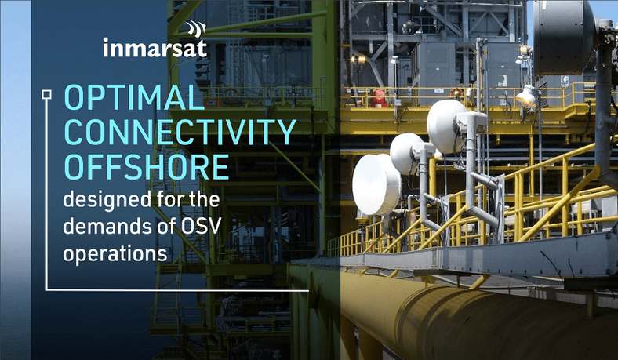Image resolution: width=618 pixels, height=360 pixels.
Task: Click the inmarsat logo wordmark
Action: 154,49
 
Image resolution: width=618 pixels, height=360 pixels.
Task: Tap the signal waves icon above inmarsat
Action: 194,30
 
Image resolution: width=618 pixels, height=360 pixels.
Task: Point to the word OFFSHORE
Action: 146,166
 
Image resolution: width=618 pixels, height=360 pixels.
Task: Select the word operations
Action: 115,254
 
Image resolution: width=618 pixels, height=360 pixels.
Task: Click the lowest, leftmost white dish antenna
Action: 375,184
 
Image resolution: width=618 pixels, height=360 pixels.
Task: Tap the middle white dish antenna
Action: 408,154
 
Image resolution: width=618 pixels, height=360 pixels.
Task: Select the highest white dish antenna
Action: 447,125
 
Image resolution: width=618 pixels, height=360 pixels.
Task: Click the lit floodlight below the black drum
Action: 525,97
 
